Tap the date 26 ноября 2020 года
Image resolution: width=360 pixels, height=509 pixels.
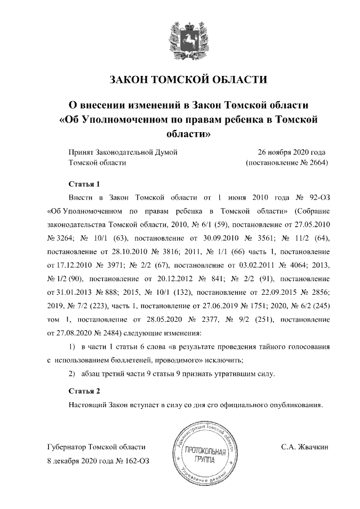click(x=291, y=152)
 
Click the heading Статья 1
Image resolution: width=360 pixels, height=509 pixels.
click(x=84, y=184)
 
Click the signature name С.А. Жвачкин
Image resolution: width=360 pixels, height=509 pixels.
click(x=304, y=447)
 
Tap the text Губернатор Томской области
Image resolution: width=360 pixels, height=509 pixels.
click(x=96, y=447)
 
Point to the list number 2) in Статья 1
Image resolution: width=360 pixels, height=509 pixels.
click(x=71, y=375)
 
